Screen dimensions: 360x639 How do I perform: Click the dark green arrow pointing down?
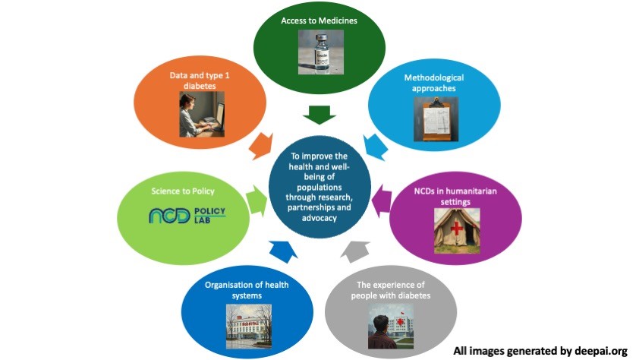319,115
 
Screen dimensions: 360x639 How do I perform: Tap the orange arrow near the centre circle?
261,144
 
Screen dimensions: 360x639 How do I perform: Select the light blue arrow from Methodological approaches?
375,144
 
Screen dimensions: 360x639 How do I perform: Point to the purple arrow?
382,202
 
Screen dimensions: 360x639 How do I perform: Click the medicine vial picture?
319,52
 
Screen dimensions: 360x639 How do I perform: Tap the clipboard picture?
430,118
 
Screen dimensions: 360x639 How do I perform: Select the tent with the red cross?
457,230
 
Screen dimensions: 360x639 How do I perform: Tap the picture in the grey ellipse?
391,326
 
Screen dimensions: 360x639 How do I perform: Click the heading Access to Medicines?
319,21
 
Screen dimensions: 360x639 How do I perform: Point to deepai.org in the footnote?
600,351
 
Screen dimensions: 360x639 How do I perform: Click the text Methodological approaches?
433,84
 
